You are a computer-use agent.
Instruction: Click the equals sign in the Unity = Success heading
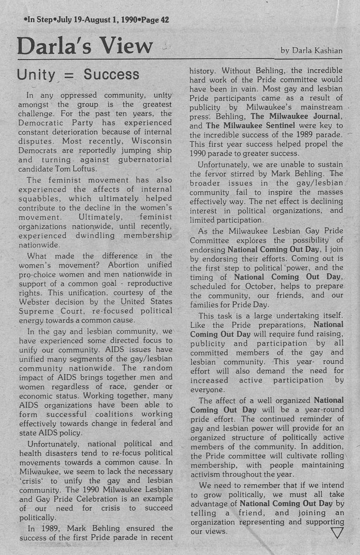coord(70,75)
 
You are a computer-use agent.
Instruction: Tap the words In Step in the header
coord(41,20)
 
